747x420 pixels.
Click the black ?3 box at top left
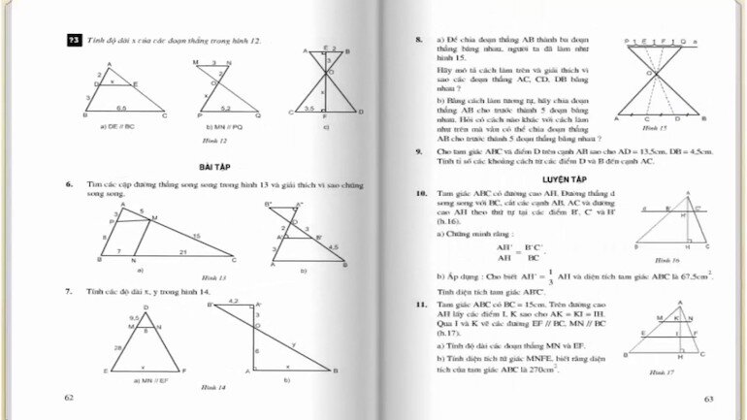click(x=74, y=40)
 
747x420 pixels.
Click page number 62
click(x=68, y=398)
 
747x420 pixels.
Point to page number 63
click(x=708, y=398)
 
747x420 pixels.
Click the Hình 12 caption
click(x=229, y=142)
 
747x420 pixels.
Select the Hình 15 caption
click(x=657, y=128)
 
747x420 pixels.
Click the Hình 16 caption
click(x=666, y=260)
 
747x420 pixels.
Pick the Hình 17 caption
click(x=661, y=372)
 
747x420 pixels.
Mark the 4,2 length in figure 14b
click(x=233, y=302)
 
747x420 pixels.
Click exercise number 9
click(x=418, y=152)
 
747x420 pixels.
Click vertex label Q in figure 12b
click(x=258, y=115)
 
